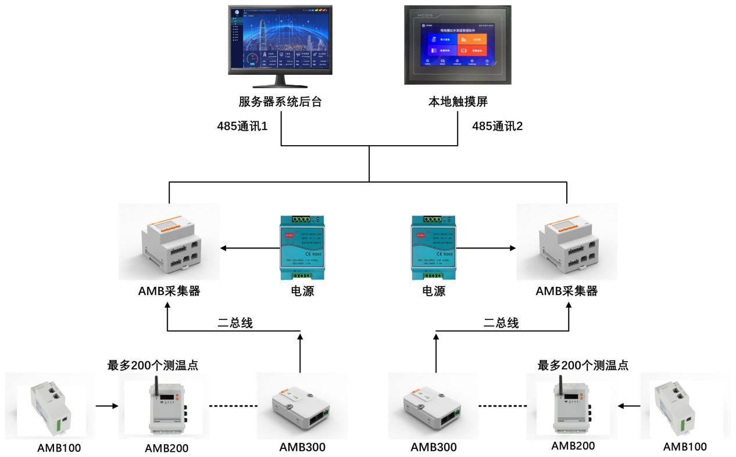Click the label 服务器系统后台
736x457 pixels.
[x=280, y=102]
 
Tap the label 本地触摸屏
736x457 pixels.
[x=455, y=102]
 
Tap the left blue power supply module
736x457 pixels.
[x=300, y=247]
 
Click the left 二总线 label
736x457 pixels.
[x=235, y=322]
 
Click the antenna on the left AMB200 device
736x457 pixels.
[x=156, y=386]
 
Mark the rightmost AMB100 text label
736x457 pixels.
[x=685, y=447]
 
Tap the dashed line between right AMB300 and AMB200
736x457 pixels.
[x=501, y=406]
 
